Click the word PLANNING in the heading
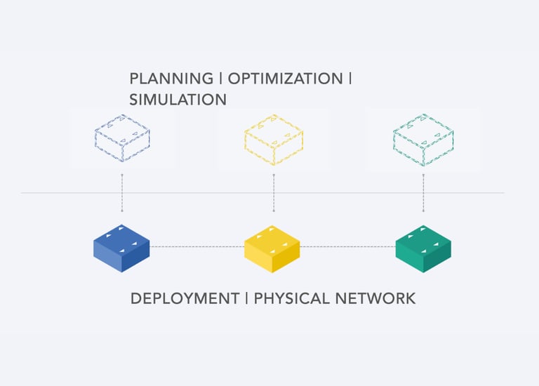click(x=171, y=78)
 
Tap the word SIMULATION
click(x=178, y=100)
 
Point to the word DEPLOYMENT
click(x=185, y=298)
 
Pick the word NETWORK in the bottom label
click(x=374, y=298)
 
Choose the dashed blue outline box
click(x=122, y=138)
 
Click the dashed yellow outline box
click(x=273, y=138)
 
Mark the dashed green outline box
click(x=423, y=138)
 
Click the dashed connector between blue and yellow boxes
click(x=197, y=246)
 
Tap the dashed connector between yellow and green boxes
click(x=347, y=246)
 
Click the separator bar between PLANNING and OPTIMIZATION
click(x=220, y=78)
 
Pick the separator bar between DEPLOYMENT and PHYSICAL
click(x=246, y=298)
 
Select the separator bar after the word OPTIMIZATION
click(x=350, y=78)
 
